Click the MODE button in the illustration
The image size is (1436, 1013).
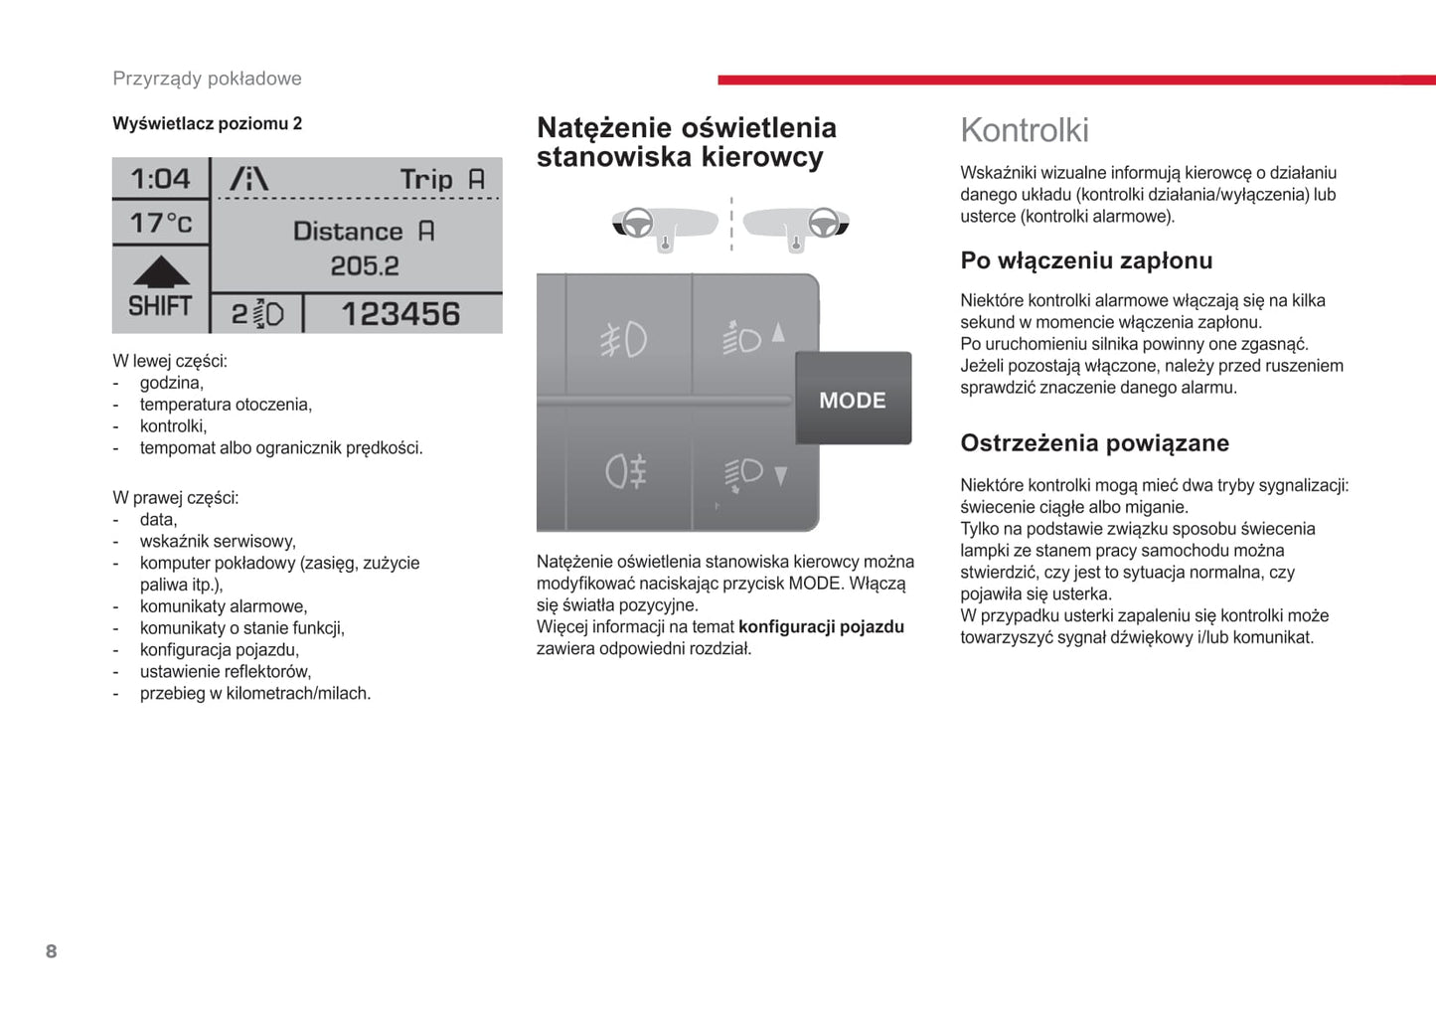point(853,400)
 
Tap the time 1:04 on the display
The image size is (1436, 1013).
point(160,179)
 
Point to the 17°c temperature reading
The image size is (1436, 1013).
point(161,223)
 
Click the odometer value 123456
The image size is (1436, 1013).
point(400,314)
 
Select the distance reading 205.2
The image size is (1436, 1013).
point(365,266)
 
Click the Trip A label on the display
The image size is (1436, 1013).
point(441,180)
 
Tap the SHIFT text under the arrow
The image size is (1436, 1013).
point(160,306)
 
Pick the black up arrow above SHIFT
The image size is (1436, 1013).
point(161,271)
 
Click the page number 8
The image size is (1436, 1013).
point(52,951)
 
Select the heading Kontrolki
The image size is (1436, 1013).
point(1025,130)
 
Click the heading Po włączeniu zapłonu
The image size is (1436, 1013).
point(1086,260)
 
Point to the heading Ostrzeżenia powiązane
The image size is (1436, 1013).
point(1094,443)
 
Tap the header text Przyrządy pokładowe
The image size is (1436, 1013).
point(207,79)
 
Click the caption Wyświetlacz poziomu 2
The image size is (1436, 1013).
point(207,123)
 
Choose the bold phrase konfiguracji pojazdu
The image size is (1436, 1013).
point(821,627)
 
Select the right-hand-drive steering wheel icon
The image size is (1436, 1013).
point(823,224)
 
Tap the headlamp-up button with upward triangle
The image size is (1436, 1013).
point(754,337)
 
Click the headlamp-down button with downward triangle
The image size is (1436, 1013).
point(754,474)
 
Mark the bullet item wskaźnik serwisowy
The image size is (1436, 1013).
point(218,542)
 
